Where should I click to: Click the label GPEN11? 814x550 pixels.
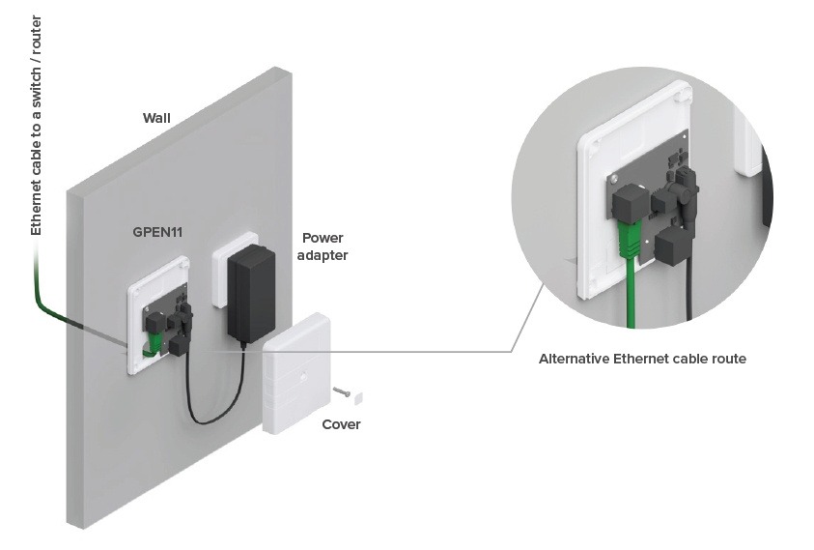[160, 233]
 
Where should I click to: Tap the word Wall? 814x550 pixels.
[156, 118]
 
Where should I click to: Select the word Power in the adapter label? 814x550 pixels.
[322, 238]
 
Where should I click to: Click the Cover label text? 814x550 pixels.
[341, 424]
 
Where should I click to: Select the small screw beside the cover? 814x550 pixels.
[339, 391]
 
